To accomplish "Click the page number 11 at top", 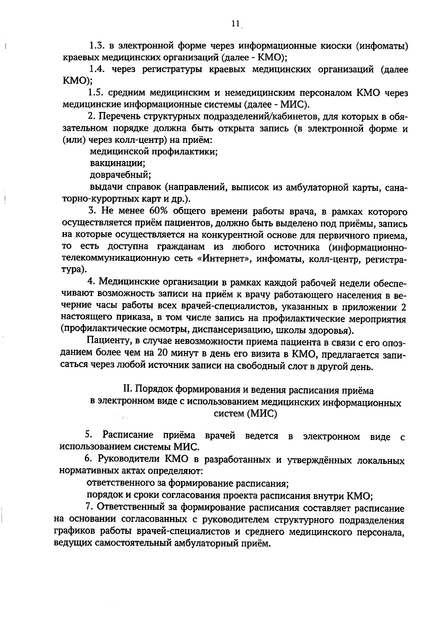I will point(235,24).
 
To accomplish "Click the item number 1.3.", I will point(97,47).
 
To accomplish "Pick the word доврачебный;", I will point(120,175).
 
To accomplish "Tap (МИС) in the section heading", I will point(261,414).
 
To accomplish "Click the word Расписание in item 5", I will point(128,435).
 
